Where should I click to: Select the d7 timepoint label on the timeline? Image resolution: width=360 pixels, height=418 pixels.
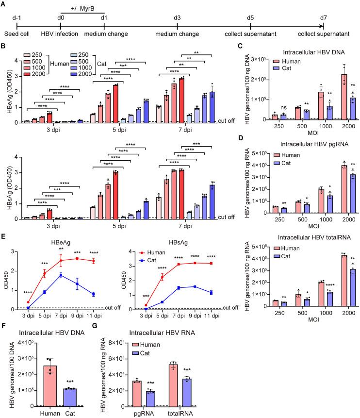point(323,18)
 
